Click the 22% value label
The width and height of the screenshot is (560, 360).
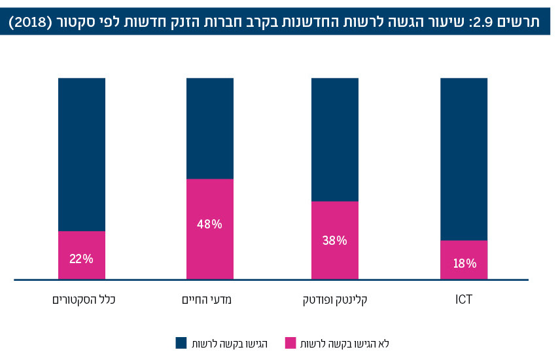pos(81,258)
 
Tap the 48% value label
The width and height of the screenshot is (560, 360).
pos(209,224)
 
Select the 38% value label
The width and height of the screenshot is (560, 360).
pos(334,240)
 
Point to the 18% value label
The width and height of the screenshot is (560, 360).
pos(464,264)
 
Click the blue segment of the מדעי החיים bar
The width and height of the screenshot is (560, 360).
pos(209,128)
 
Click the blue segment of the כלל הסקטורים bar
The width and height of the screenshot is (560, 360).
pos(81,154)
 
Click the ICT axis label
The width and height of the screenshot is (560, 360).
pos(464,300)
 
